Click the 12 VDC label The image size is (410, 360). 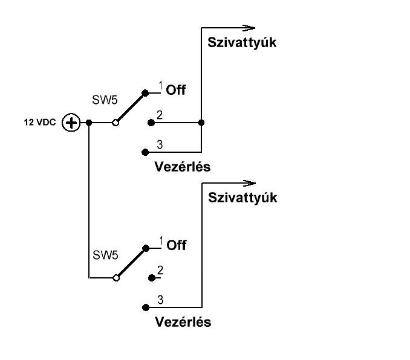click(x=41, y=123)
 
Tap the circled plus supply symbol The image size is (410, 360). click(x=71, y=123)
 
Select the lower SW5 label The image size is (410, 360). click(x=105, y=255)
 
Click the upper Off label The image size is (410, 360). click(x=176, y=91)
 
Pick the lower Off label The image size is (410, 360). click(x=176, y=245)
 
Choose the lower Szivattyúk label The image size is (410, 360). click(x=242, y=198)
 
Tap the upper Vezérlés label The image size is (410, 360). click(x=183, y=167)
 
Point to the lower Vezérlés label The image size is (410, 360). click(x=183, y=322)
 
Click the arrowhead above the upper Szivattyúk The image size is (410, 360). click(x=249, y=27)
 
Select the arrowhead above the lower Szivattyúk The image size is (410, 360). click(x=249, y=182)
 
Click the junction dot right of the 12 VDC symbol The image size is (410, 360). click(x=89, y=123)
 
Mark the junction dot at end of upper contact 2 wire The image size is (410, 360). click(x=201, y=123)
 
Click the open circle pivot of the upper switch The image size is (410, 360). click(x=115, y=123)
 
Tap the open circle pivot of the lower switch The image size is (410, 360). click(x=115, y=278)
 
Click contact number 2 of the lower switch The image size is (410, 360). click(x=151, y=278)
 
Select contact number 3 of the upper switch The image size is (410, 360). click(x=145, y=152)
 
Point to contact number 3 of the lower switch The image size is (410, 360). click(x=145, y=306)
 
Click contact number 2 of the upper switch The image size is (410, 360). click(x=151, y=123)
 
